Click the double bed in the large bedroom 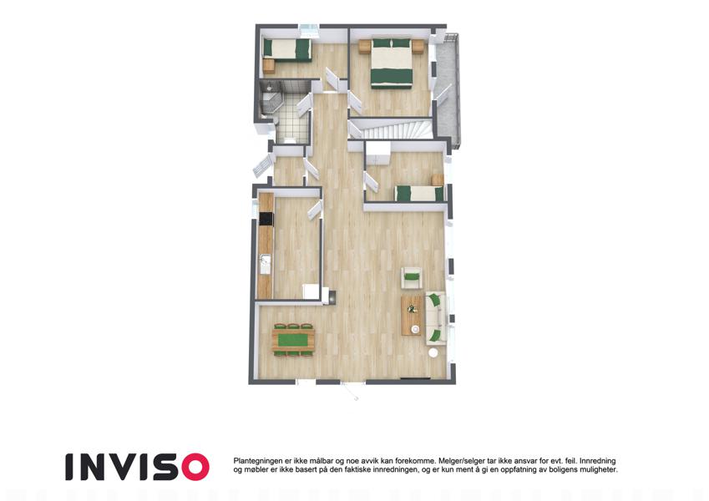coord(392,63)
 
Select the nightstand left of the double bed coord(364,47)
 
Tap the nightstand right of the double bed coord(418,47)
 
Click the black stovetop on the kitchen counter coord(266,220)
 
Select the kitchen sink coord(265,264)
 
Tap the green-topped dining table coord(293,340)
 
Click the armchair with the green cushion coord(412,276)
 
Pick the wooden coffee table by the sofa coord(411,315)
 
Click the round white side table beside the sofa coord(433,352)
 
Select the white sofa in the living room coord(436,318)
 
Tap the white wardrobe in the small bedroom coord(378,154)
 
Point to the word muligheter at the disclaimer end coord(597,470)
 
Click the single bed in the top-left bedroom coord(287,49)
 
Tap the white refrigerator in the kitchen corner coord(312,291)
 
